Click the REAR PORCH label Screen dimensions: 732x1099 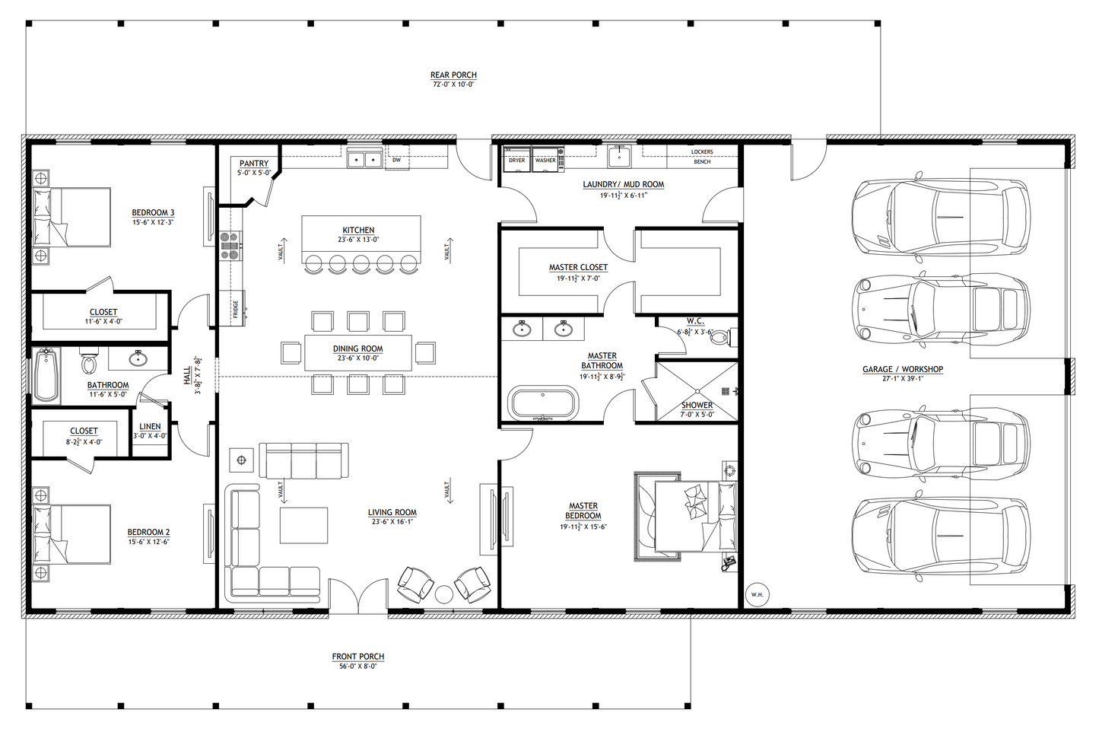453,75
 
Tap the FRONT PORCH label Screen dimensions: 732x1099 357,657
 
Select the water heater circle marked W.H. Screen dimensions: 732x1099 756,594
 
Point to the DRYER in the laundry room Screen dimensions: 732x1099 516,160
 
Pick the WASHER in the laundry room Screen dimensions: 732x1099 545,160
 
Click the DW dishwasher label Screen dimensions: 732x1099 396,161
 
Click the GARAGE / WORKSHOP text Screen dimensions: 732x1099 902,370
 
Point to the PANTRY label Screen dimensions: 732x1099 254,164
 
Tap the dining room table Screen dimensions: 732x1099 358,352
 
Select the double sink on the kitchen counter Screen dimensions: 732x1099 364,159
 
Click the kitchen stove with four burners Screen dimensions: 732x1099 229,246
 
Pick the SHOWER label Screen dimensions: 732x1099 697,406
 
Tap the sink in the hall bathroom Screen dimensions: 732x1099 138,358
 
